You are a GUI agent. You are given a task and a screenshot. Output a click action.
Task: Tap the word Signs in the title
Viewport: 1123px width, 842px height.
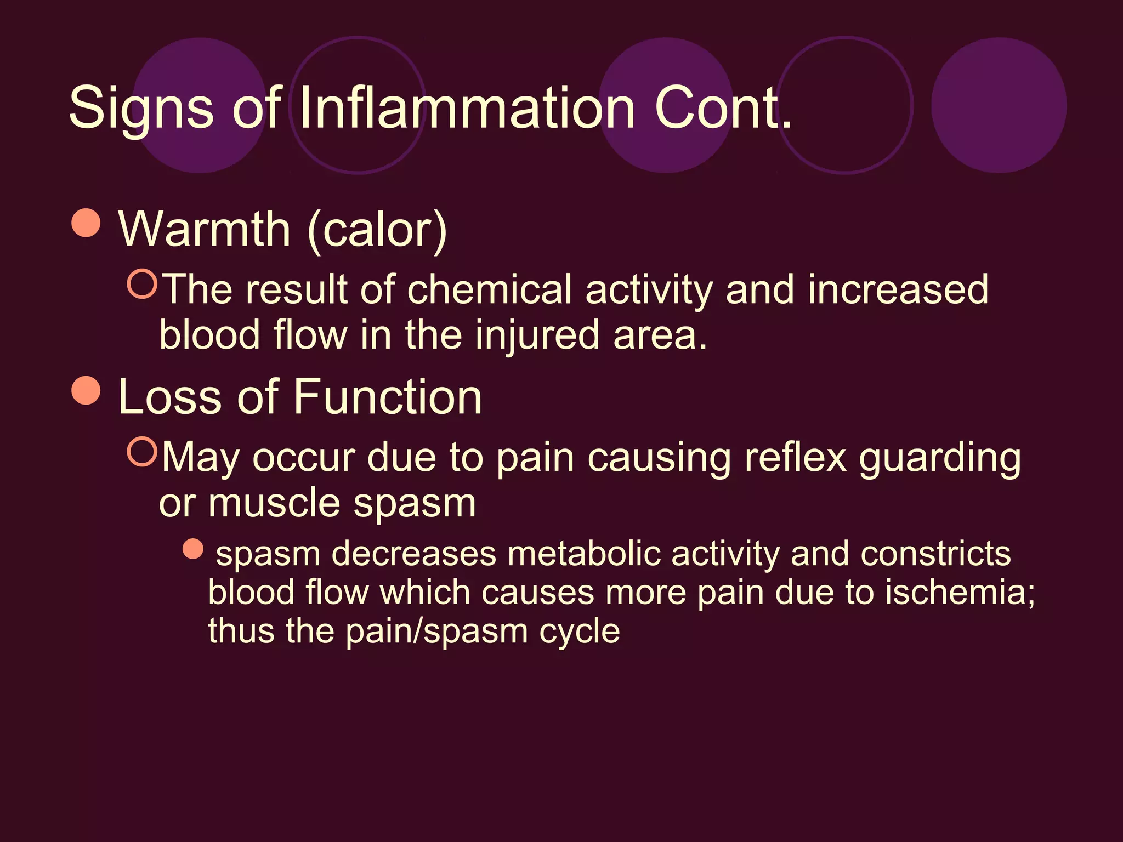tap(141, 109)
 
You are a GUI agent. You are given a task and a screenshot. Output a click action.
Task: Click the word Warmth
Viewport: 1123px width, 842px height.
tap(204, 229)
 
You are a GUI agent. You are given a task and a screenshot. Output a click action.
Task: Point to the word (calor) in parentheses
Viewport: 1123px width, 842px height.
tap(378, 230)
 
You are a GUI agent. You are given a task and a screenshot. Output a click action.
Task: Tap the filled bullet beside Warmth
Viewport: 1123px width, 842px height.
tap(86, 223)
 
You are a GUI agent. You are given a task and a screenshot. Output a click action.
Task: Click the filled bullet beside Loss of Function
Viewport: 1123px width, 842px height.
tap(86, 390)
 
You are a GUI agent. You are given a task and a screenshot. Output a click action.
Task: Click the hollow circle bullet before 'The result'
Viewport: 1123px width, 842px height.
tap(143, 283)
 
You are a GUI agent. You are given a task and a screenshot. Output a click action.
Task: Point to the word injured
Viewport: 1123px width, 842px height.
tap(537, 335)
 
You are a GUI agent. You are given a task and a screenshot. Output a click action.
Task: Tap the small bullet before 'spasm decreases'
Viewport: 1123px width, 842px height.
tap(193, 548)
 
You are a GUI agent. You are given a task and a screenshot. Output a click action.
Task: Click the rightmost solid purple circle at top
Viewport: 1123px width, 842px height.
tap(999, 105)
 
